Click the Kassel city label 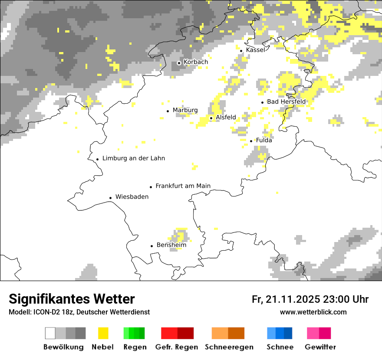[255, 50]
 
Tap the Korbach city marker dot [179, 63]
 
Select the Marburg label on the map [185, 110]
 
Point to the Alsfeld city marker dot [211, 118]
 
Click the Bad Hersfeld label [286, 101]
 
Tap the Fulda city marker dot [251, 141]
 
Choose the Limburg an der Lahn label [133, 158]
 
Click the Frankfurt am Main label [183, 186]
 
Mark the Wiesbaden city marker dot [111, 198]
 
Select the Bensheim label [171, 245]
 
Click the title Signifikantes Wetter [72, 299]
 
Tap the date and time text [310, 299]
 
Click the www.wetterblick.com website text [313, 312]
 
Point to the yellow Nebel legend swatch [103, 333]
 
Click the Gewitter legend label [320, 347]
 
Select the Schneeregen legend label [229, 347]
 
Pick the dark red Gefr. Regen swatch [185, 333]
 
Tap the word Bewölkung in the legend [63, 347]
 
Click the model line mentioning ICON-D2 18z [79, 312]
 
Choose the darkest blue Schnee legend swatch [288, 333]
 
